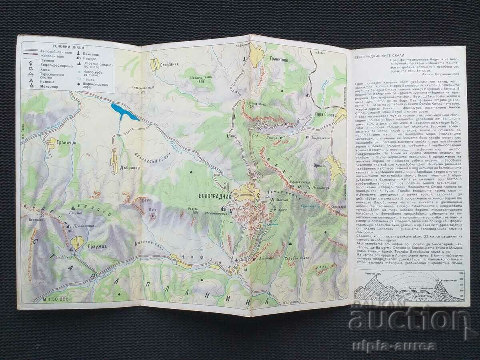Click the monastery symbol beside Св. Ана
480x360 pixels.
tap(73, 208)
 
